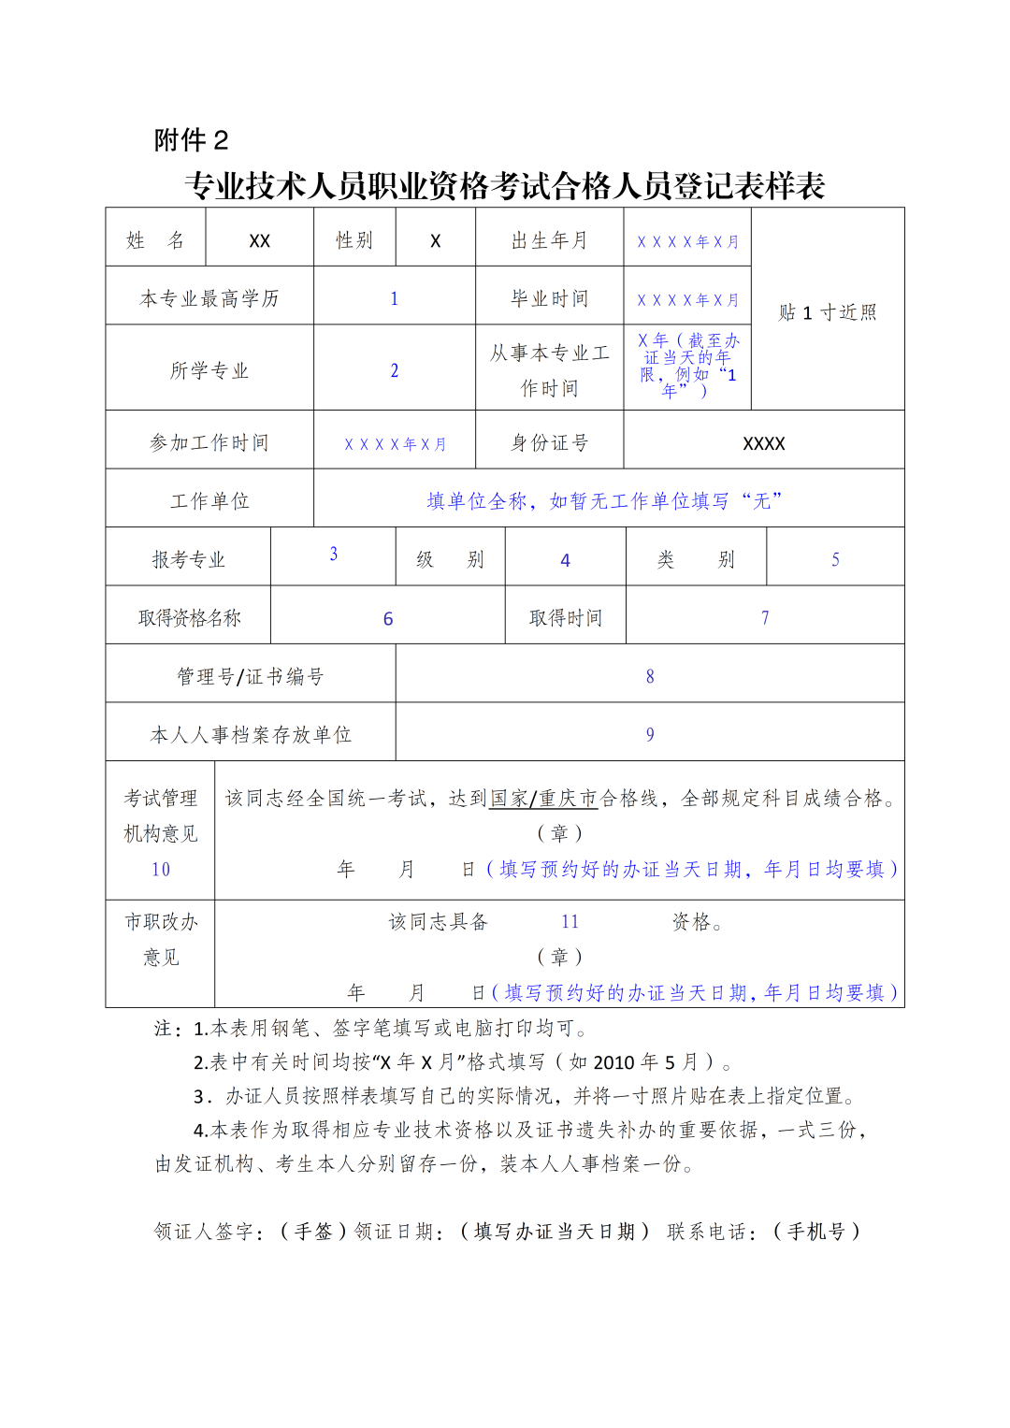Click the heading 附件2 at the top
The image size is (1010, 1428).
(x=191, y=140)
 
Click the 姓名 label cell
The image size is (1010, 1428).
(x=155, y=240)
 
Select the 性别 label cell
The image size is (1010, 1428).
(x=354, y=240)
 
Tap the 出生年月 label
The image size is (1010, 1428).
(x=549, y=240)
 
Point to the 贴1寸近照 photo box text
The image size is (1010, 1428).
(x=828, y=312)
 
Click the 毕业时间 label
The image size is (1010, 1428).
(x=549, y=298)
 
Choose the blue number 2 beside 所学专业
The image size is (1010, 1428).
(x=395, y=370)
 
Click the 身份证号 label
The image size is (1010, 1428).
(x=549, y=442)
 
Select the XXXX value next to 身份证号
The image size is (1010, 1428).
(x=763, y=443)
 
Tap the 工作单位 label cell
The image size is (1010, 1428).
(x=209, y=501)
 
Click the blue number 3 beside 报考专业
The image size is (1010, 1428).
(x=333, y=554)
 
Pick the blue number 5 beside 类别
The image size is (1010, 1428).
(x=835, y=559)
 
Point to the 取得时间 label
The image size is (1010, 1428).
(x=565, y=618)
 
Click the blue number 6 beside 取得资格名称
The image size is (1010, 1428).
(x=388, y=619)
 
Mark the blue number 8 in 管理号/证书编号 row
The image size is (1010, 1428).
(x=650, y=676)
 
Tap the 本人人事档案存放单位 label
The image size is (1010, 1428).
(x=251, y=735)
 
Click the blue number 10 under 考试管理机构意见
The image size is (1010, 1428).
(x=161, y=870)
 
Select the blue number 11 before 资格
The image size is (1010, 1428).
(x=570, y=922)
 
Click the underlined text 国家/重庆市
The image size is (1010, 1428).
(x=543, y=799)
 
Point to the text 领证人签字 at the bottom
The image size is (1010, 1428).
(x=203, y=1232)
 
